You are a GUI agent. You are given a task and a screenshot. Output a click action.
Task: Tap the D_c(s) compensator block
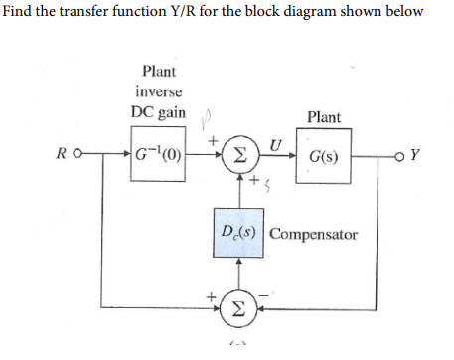coord(238,235)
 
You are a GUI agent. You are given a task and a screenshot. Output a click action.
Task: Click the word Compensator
coord(313,235)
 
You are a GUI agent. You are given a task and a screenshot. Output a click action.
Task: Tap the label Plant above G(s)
coord(323,117)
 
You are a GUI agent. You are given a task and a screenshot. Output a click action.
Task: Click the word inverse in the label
coord(158,90)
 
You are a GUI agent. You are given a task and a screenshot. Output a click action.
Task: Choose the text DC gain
coord(156,109)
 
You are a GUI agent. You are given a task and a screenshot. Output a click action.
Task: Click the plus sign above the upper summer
coord(212,141)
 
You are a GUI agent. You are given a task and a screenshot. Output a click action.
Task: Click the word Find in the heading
coord(18,12)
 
